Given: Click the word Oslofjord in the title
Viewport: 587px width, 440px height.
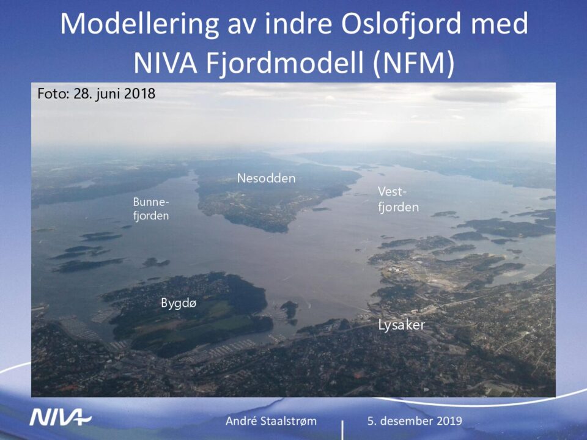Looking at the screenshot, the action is tap(401, 23).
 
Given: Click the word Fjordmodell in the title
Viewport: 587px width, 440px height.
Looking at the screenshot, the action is tap(285, 63).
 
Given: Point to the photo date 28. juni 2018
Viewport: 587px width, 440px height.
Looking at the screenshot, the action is tap(114, 94).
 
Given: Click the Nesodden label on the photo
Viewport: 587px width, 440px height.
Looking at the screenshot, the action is tap(266, 178).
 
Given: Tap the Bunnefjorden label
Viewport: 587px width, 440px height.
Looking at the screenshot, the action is tap(151, 209).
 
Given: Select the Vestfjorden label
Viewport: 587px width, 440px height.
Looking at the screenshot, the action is tap(398, 199).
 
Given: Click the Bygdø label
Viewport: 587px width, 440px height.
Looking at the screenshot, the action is tap(179, 302).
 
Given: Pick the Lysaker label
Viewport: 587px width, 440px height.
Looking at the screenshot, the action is tap(401, 324).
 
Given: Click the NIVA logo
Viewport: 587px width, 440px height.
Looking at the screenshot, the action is tap(61, 417).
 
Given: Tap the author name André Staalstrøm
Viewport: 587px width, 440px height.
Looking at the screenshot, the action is tap(271, 421).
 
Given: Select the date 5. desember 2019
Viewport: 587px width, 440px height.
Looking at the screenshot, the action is tap(415, 421).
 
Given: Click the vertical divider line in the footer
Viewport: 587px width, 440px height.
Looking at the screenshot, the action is tap(342, 430).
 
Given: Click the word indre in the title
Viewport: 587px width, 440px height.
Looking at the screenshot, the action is tap(299, 23).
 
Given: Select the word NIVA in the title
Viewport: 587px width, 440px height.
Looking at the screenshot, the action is tap(165, 63).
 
